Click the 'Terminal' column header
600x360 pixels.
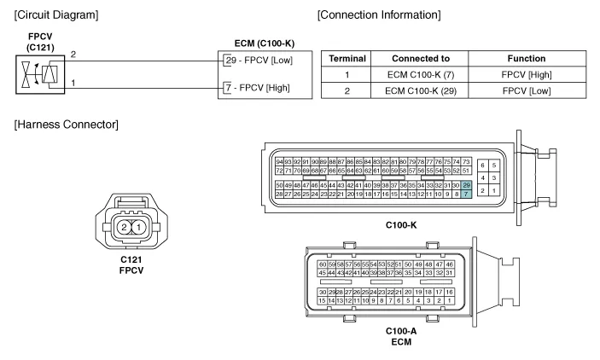(x=345, y=58)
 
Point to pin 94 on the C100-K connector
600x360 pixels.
(x=279, y=161)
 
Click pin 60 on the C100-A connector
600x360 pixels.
(x=322, y=264)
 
